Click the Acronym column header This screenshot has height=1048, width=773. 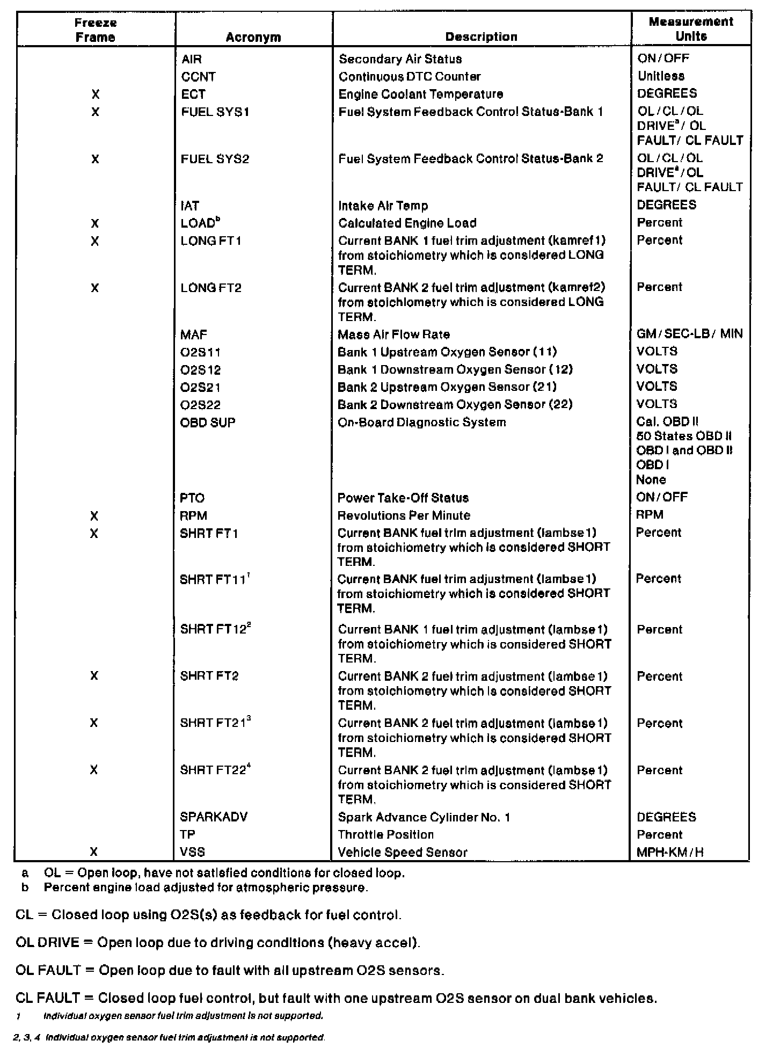coord(253,37)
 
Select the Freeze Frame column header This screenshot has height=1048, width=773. coord(95,30)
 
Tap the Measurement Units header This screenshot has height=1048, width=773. coord(691,29)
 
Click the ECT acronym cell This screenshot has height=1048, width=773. coord(193,94)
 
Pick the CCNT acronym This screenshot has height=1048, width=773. coord(198,77)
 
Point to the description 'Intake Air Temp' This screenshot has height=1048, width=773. coord(383,206)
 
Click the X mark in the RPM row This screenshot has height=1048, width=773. coord(94,516)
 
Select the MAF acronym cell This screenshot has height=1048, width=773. coord(194,335)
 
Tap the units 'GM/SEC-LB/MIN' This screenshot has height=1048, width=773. coord(689,334)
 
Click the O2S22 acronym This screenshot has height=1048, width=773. coord(200,405)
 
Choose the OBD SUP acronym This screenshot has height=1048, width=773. coord(208,423)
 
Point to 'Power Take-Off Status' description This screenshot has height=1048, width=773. coord(403,498)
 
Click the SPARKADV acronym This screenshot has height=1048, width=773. coord(214,817)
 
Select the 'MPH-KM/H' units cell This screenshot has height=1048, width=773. coord(669,852)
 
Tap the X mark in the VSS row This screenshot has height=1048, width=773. coord(94,851)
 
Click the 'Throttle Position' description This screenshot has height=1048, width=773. coord(385,835)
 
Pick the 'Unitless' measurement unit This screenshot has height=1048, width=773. coord(661,76)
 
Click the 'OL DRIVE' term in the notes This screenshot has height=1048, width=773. coord(47,943)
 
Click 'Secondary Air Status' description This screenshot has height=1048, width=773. coord(400,59)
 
